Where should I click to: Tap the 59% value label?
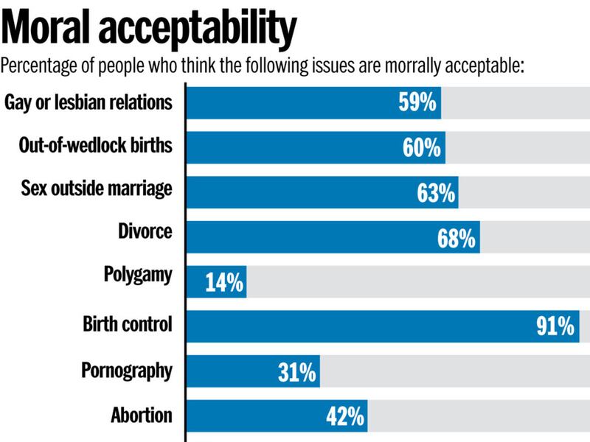click(x=417, y=103)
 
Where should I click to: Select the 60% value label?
click(x=422, y=148)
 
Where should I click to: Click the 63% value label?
click(x=435, y=193)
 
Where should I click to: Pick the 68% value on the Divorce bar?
click(x=457, y=238)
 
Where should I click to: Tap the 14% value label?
click(x=224, y=283)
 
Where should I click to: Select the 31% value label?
click(x=297, y=373)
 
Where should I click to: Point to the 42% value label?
click(x=345, y=418)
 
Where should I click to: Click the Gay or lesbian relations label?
click(x=88, y=102)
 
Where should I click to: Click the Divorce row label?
click(x=145, y=232)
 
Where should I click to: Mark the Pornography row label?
click(x=127, y=369)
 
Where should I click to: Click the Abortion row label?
click(x=141, y=414)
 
